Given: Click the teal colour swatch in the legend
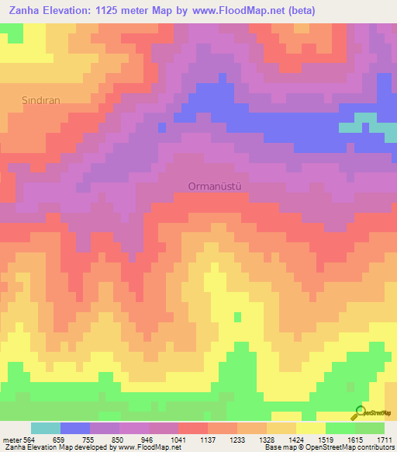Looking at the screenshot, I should [46, 428].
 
